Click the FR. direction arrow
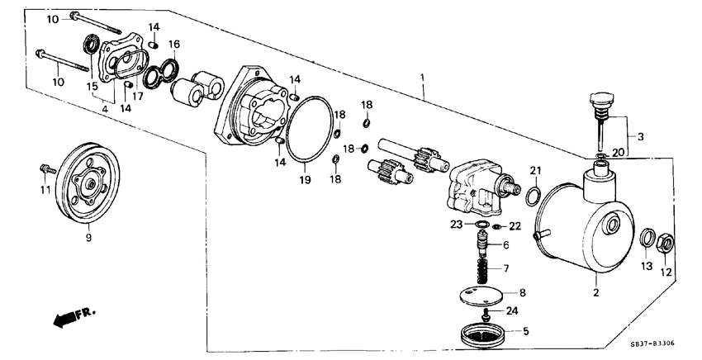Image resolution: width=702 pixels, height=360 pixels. pos(71,316)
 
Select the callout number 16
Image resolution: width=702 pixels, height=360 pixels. pos(173,44)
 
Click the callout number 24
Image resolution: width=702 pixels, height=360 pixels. pos(512,311)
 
